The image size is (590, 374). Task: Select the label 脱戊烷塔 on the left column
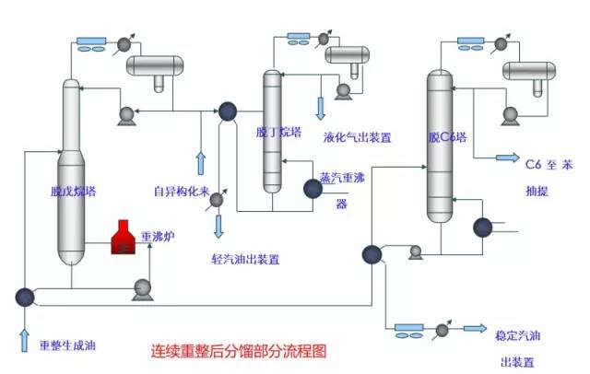coord(73,193)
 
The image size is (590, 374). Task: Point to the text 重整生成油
coord(67,346)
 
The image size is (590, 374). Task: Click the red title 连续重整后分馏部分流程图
coord(238,352)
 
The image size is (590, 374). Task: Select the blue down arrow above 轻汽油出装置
coord(218,225)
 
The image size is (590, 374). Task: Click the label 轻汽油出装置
coord(246,259)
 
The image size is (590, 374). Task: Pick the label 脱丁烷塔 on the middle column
coord(278,132)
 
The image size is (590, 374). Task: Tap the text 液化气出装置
coord(358,137)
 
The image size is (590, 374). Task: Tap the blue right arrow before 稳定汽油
coord(475,328)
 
